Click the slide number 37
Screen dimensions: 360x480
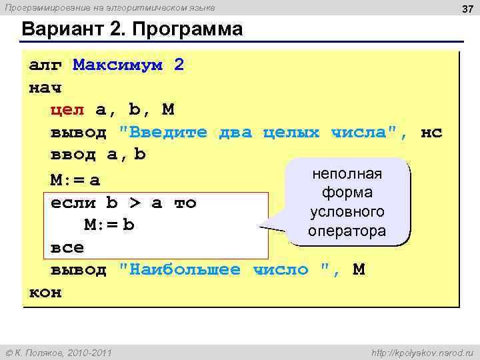pyautogui.click(x=465, y=8)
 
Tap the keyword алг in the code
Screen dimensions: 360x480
pyautogui.click(x=45, y=65)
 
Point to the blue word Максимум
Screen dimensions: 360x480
pyautogui.click(x=118, y=65)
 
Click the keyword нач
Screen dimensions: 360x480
pyautogui.click(x=45, y=88)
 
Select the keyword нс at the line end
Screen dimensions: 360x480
pyautogui.click(x=432, y=133)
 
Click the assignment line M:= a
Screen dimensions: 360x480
pyautogui.click(x=75, y=180)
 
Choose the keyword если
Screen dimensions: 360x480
pyautogui.click(x=73, y=203)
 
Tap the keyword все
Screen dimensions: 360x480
pyautogui.click(x=67, y=247)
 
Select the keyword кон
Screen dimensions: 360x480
pyautogui.click(x=45, y=293)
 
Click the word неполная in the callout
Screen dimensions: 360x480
pyautogui.click(x=347, y=174)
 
